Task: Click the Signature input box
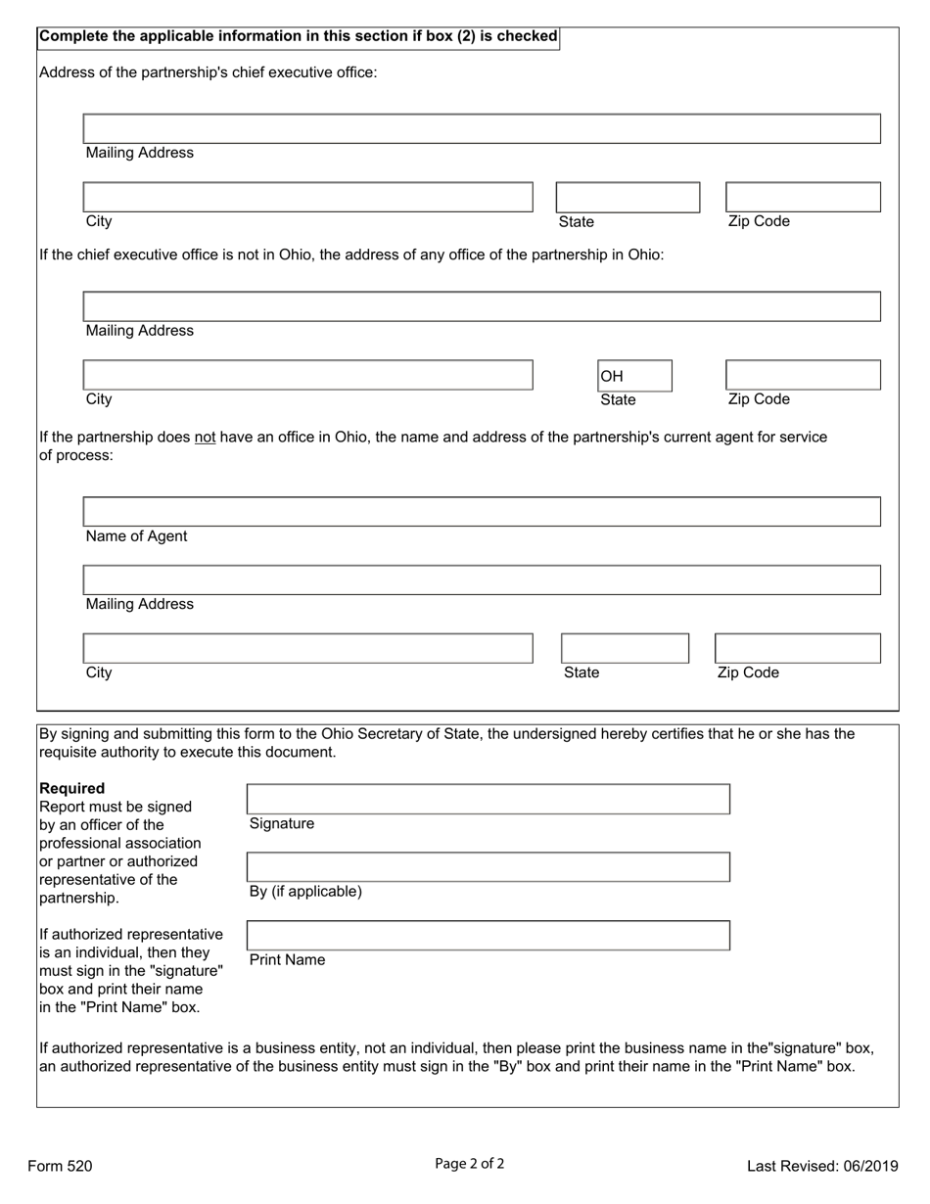(488, 799)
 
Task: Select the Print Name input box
(488, 935)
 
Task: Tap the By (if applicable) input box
(488, 866)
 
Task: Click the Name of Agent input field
(482, 512)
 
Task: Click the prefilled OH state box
(634, 376)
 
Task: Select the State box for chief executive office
(628, 197)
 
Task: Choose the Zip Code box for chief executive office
(803, 197)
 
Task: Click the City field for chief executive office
(307, 197)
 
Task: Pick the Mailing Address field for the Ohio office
(482, 306)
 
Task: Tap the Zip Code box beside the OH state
(803, 375)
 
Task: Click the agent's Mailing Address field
(482, 579)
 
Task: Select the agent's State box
(625, 648)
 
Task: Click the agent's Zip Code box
(797, 648)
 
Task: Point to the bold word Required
(71, 788)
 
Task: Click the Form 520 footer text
(61, 1165)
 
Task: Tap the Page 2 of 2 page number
(470, 1164)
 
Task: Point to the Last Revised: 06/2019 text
(822, 1165)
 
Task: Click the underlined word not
(205, 437)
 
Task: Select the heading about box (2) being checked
(298, 36)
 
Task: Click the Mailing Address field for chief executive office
(482, 128)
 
